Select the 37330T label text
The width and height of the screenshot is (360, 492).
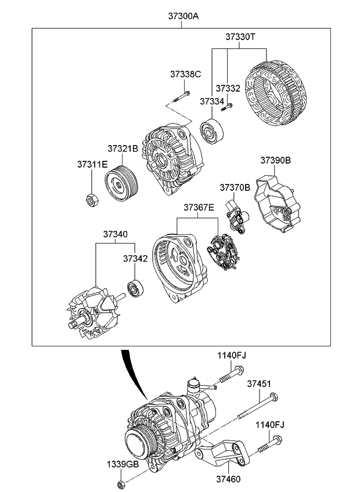(x=240, y=37)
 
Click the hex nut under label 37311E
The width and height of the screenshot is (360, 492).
(x=91, y=201)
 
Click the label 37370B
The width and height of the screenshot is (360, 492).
(x=235, y=187)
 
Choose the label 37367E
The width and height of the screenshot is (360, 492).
(x=199, y=207)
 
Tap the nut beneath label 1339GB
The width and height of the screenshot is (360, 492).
(x=120, y=484)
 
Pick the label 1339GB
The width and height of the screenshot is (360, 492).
(x=122, y=464)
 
